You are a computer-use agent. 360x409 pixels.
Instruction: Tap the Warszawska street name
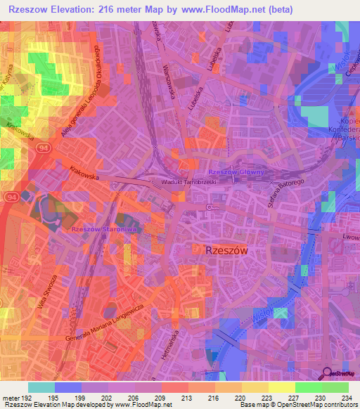[x=169, y=67]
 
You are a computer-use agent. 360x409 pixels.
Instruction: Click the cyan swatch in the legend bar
[x=41, y=387]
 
